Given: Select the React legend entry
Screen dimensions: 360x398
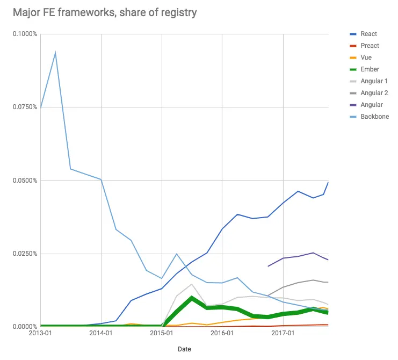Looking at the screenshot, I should (x=368, y=34).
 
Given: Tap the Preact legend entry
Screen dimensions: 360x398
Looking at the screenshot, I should (x=370, y=46).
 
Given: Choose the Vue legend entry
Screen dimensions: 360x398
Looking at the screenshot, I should (x=366, y=57).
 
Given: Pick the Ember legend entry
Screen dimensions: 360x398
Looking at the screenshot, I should (x=370, y=69).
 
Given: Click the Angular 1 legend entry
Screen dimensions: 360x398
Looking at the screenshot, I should (x=374, y=81).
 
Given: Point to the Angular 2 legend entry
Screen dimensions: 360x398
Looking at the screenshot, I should (x=374, y=93).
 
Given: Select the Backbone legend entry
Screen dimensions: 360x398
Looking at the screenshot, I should (x=374, y=117).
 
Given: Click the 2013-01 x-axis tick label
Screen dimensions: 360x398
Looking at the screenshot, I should (x=41, y=334).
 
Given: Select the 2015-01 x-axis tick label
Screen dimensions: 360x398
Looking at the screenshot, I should (x=162, y=334).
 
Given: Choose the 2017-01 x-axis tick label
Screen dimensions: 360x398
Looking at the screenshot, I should (x=283, y=334).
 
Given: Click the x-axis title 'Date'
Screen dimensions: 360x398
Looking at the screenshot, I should (x=184, y=349).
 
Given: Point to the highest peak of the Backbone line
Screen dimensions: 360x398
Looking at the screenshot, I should (x=55, y=52).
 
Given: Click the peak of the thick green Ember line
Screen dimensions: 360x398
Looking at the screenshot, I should (x=192, y=298).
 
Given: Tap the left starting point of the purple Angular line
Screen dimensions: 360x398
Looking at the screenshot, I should (x=268, y=266).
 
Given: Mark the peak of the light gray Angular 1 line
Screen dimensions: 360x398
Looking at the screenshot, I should (x=192, y=284).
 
